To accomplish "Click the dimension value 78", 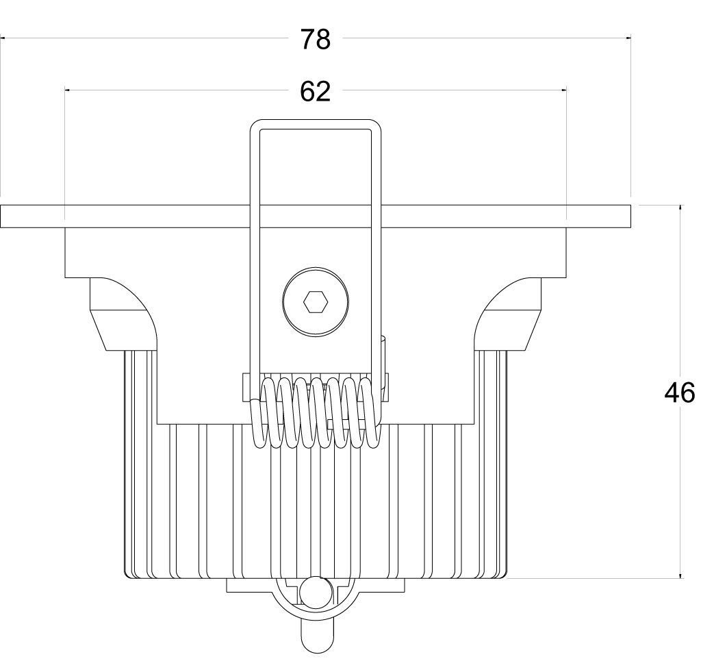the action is (315, 40).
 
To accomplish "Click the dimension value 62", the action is (315, 92).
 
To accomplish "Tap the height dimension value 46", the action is (679, 393).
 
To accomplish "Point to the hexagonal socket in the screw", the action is (316, 302).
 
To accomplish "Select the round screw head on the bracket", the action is (316, 302).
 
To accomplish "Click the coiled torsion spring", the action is (316, 412).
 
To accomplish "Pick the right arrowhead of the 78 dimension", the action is (629, 39).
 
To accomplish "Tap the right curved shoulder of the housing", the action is (508, 314).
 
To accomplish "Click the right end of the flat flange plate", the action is (630, 216).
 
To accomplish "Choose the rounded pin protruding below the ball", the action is (315, 636).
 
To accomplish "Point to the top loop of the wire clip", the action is (316, 125).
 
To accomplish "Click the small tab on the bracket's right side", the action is (384, 362).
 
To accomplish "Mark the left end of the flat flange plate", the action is (1, 216).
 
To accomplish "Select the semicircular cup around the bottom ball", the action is (315, 597).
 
